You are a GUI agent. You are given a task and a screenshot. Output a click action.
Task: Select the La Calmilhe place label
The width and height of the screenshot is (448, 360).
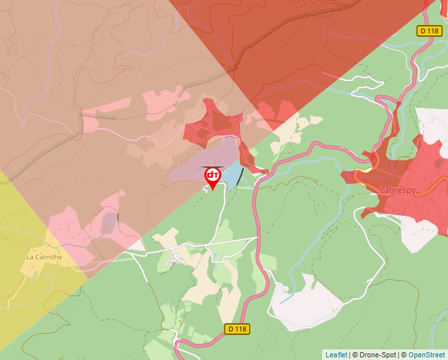click(x=43, y=257)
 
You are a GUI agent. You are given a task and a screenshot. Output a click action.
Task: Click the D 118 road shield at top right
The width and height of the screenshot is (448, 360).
click(x=430, y=31)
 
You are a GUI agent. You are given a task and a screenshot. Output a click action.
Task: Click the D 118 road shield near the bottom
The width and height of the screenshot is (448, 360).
click(x=238, y=328)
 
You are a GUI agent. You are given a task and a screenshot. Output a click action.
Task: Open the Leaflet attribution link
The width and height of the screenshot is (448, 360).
click(x=336, y=355)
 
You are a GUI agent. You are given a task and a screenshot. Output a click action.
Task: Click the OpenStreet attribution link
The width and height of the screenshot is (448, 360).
click(x=427, y=355)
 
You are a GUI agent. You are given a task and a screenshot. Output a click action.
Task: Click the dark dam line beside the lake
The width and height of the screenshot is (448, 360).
click(x=240, y=177)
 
